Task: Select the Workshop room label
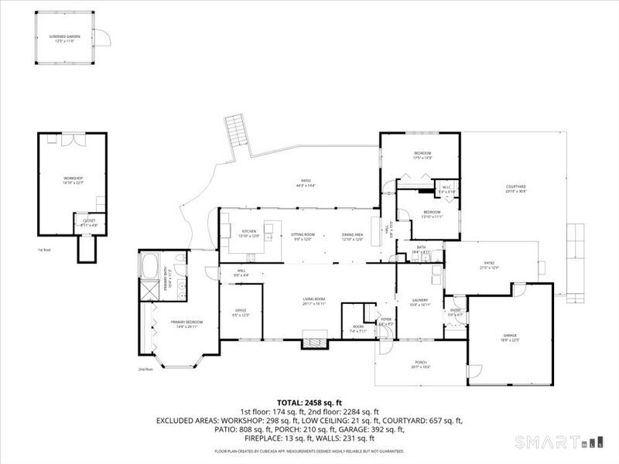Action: coord(73,180)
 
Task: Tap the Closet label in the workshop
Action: coord(89,223)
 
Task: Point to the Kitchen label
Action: coord(249,233)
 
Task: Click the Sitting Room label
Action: coord(303,235)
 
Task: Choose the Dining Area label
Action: coord(353,235)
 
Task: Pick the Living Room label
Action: coord(313,301)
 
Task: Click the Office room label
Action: coord(240,312)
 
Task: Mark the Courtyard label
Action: coord(515,188)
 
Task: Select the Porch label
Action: coord(420,364)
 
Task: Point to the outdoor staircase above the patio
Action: coord(234,133)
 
